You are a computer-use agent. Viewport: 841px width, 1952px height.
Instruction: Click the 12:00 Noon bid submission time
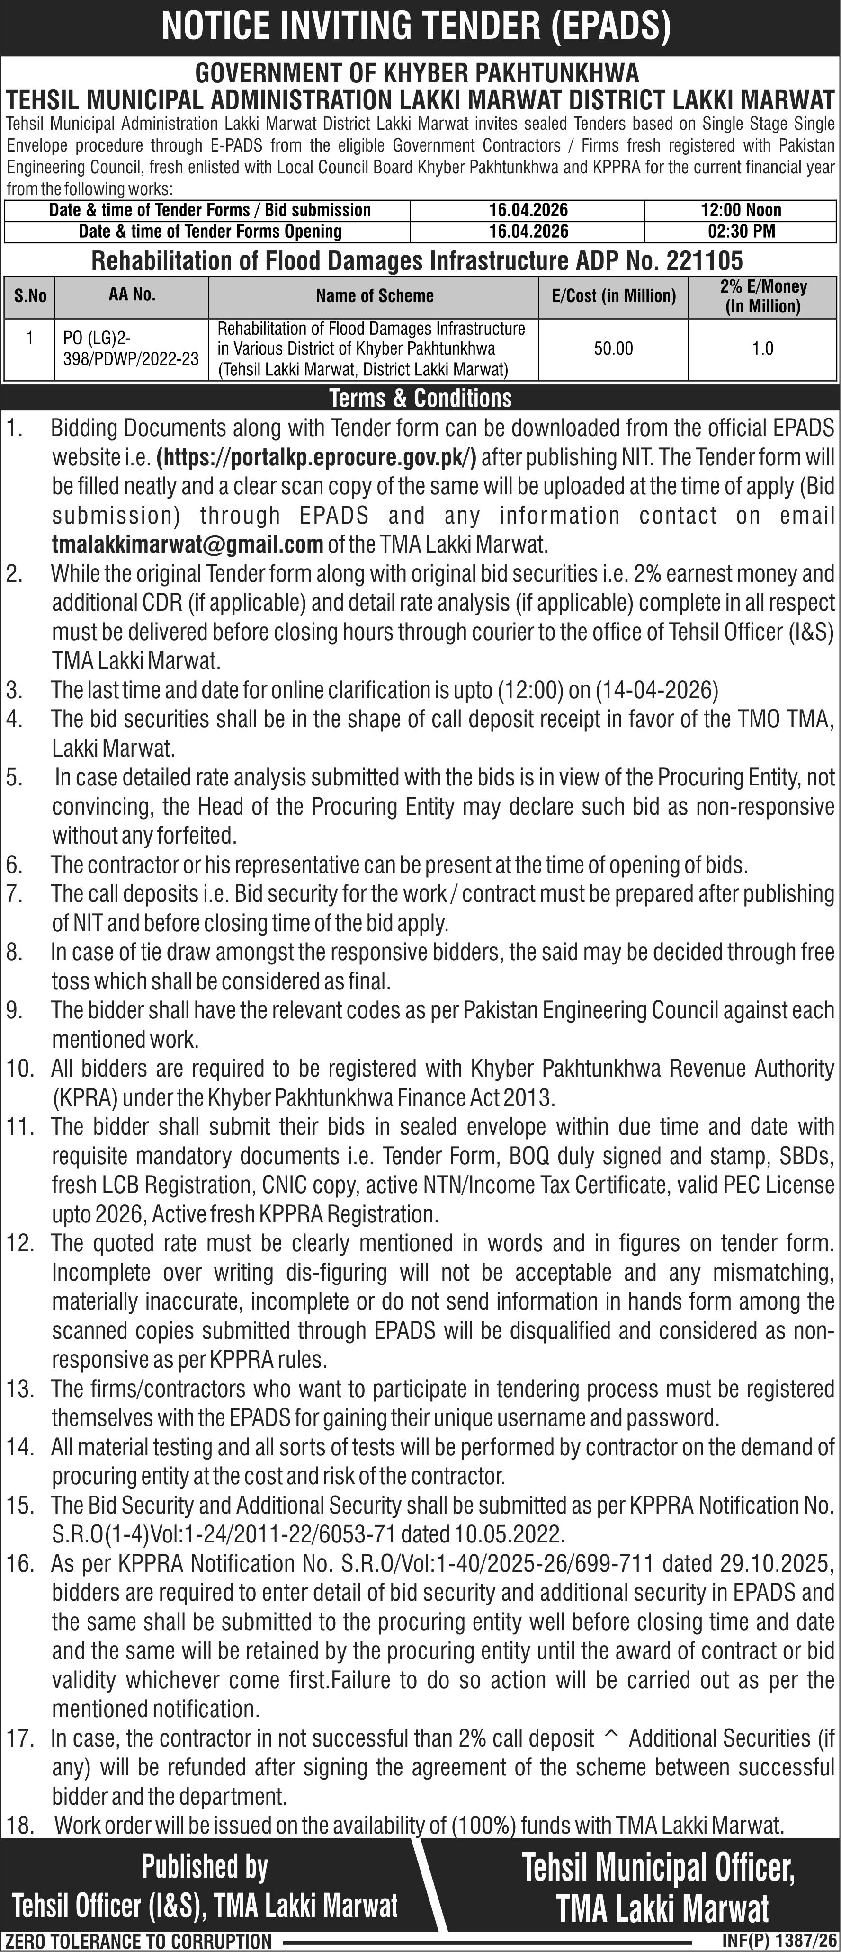(741, 210)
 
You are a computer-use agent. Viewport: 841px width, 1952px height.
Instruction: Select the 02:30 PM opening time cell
(741, 231)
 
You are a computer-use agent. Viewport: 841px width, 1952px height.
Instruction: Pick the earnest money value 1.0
(762, 348)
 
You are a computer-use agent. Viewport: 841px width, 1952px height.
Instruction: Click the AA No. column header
(132, 295)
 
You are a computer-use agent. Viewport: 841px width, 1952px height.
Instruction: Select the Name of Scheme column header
(374, 295)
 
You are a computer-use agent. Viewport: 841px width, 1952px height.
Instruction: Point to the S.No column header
(30, 295)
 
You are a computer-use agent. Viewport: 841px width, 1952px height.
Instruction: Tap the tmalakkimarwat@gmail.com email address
(187, 544)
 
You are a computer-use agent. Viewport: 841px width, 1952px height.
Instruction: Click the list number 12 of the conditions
(20, 1243)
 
